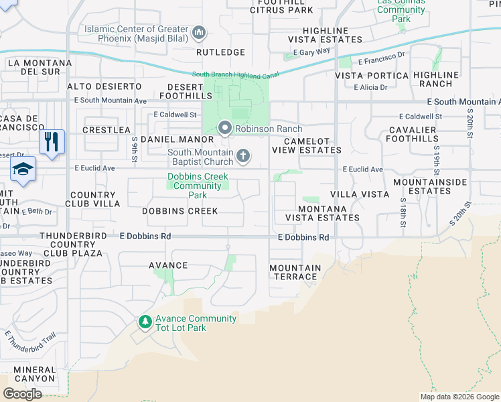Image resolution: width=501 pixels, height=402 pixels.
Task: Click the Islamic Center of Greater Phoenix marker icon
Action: click(x=198, y=33)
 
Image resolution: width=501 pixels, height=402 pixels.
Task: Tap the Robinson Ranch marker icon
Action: click(x=225, y=127)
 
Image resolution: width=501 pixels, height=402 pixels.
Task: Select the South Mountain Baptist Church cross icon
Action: click(x=243, y=156)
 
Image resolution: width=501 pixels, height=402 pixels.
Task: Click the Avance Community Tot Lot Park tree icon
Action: click(x=145, y=323)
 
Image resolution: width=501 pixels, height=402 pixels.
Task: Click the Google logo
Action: click(x=22, y=393)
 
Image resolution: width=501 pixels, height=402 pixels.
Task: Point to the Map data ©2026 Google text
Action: click(x=459, y=397)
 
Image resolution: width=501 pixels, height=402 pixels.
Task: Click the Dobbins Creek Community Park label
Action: click(x=198, y=186)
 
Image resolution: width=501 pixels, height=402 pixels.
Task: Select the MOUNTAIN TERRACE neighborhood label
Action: click(x=295, y=272)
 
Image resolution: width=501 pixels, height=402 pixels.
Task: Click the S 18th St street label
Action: click(x=403, y=210)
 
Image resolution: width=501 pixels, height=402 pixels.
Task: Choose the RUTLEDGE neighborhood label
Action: click(x=220, y=52)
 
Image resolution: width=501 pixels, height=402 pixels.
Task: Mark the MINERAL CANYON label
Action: click(x=34, y=374)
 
